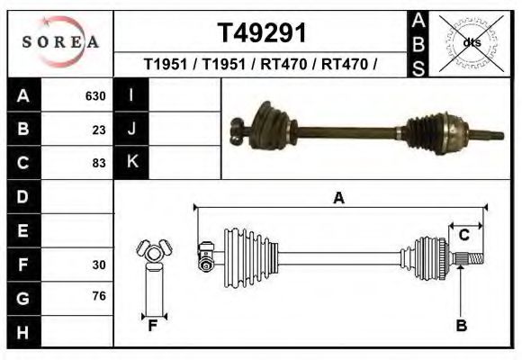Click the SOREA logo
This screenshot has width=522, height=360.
point(60,41)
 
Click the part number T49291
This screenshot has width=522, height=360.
point(262,32)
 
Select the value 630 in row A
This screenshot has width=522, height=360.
point(95,96)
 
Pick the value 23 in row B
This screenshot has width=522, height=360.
point(99,130)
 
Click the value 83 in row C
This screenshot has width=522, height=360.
point(99,163)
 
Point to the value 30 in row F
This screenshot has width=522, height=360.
point(99,265)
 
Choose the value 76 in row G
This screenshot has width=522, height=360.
point(99,296)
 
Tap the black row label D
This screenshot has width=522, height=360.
point(22,196)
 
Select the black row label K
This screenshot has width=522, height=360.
point(131,162)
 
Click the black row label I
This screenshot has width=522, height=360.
point(131,95)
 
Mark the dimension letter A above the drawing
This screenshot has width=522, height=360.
point(338,198)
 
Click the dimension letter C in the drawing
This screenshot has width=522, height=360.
point(463,235)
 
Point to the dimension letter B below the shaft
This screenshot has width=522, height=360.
point(461,326)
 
